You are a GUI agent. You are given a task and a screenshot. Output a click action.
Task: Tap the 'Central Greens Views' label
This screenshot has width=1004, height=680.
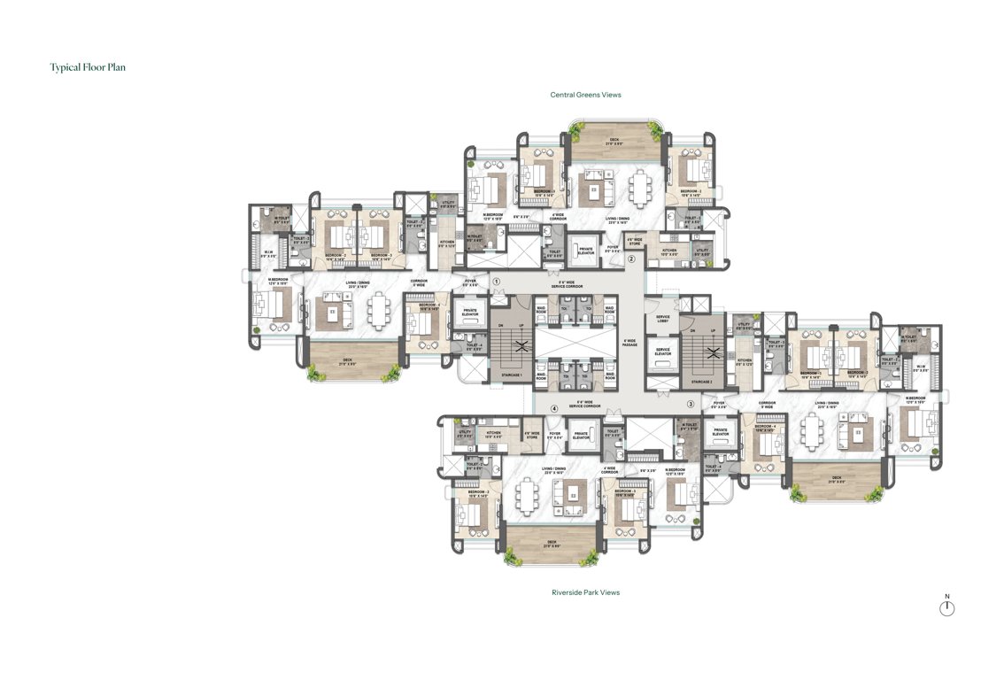click(585, 95)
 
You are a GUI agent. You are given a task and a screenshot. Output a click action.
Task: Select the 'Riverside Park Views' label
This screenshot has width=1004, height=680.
click(585, 592)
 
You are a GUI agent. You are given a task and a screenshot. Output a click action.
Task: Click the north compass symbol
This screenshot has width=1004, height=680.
click(946, 607)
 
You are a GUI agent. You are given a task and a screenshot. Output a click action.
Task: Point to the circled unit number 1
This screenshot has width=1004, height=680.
click(497, 282)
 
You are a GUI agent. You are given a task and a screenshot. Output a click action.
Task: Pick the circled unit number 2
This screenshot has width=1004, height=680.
click(631, 259)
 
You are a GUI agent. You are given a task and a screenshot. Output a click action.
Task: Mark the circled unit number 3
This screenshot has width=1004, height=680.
click(691, 405)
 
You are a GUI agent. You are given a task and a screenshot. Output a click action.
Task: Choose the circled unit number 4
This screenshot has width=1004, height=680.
click(554, 409)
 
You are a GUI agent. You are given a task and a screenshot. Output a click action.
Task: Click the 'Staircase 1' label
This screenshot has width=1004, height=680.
click(507, 376)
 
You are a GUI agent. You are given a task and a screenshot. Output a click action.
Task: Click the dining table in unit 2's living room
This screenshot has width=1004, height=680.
click(639, 186)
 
